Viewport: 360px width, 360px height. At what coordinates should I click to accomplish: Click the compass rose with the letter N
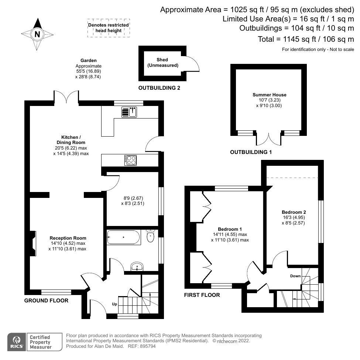point(37,34)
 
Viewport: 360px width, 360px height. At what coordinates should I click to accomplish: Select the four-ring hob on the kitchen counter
point(131,160)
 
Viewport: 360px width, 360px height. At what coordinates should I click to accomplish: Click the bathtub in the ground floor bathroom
point(124,237)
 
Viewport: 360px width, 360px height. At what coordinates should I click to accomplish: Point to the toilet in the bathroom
point(150,236)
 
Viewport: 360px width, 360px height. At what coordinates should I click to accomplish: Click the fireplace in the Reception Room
point(33,243)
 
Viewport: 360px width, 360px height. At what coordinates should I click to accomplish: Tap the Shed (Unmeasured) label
point(162,62)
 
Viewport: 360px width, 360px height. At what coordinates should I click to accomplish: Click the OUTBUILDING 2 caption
point(159,88)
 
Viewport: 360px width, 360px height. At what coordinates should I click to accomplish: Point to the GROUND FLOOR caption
point(46,301)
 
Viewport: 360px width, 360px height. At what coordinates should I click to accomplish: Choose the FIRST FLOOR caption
point(202,295)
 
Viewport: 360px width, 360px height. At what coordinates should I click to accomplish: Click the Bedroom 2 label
point(294,212)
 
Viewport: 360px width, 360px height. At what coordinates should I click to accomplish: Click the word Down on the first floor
point(295,276)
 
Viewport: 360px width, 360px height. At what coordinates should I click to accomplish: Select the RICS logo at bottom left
point(17,342)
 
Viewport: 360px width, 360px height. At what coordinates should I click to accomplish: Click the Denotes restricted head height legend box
point(109,28)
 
